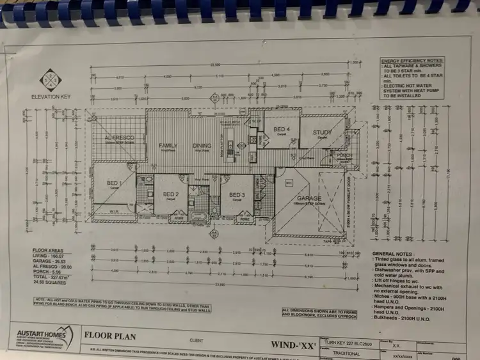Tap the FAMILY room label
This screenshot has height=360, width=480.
point(168,146)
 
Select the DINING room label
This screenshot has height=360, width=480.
point(202,146)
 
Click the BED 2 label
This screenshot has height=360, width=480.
point(170,194)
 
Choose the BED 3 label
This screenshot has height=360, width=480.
point(237,194)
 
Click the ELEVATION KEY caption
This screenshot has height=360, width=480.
point(50,97)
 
